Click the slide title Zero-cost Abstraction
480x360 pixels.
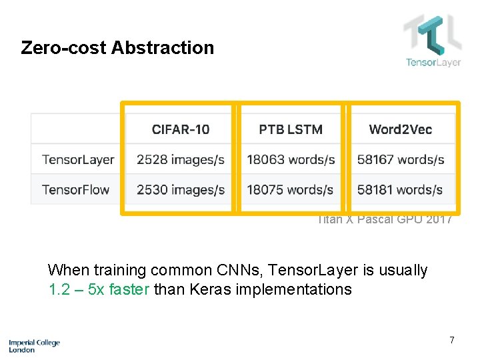(x=117, y=48)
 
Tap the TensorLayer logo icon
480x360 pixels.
(x=432, y=35)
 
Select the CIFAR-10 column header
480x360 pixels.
(x=180, y=129)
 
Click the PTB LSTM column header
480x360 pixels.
(x=291, y=129)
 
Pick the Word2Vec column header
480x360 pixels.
(x=400, y=129)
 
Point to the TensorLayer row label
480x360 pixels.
(x=78, y=160)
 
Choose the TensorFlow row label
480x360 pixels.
(x=75, y=189)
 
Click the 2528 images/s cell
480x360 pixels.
(x=180, y=160)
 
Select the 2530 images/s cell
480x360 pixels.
(x=180, y=189)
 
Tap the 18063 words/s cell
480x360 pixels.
(x=291, y=160)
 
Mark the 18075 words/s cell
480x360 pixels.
(x=290, y=189)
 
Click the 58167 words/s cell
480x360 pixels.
(x=401, y=160)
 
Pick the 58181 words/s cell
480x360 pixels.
(x=400, y=189)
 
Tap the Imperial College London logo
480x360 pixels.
(x=34, y=345)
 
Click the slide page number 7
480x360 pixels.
(x=452, y=341)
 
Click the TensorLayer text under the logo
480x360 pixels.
(x=433, y=63)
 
